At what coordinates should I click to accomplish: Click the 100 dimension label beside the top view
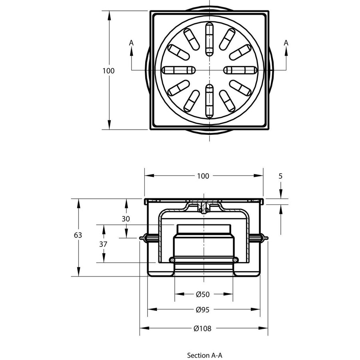pos(108,71)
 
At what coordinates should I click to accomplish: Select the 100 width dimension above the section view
pos(203,176)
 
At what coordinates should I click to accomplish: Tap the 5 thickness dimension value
pos(281,176)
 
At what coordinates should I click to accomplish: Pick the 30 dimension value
pos(126,219)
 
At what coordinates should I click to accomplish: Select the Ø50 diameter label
pos(203,294)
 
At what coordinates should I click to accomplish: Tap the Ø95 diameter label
pos(203,310)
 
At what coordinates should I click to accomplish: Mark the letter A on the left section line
pos(131,43)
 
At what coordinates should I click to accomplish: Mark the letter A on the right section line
pos(286,43)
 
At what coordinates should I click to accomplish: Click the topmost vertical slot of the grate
pos(208,39)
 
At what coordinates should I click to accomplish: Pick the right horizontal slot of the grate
pos(239,71)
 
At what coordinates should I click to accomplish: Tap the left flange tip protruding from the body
pos(142,239)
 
